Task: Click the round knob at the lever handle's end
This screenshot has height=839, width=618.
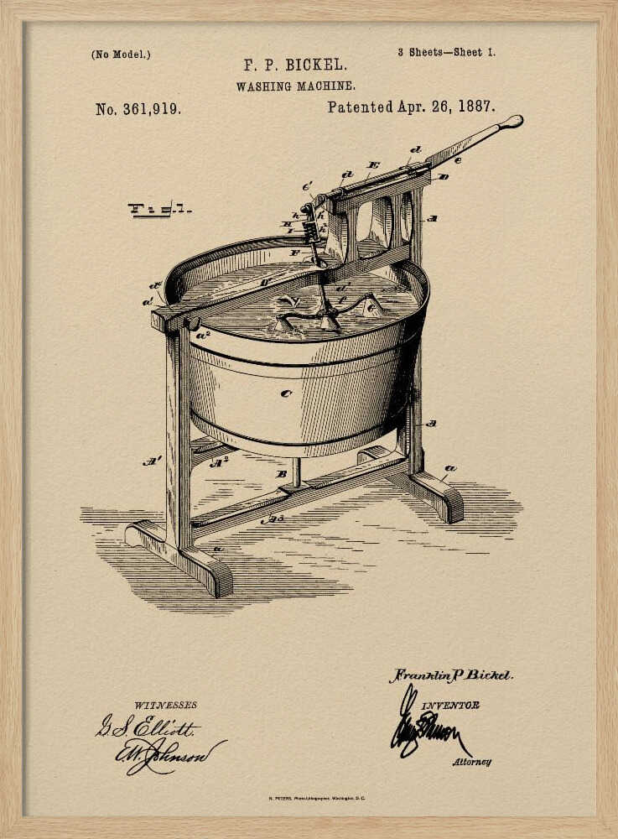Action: pos(511,122)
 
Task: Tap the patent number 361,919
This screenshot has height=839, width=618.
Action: pos(138,109)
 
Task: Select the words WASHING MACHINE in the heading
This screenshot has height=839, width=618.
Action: pos(295,86)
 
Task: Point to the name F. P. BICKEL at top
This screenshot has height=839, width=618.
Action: pos(295,65)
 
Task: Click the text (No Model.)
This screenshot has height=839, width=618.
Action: pos(121,55)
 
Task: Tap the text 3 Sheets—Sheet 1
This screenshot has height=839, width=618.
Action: pos(446,52)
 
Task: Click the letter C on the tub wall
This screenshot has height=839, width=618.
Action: pos(286,393)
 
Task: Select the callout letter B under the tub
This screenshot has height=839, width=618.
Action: pos(281,474)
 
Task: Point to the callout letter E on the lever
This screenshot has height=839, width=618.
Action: pos(373,166)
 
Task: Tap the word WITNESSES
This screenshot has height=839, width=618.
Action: pos(165,705)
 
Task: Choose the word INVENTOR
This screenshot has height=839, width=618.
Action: pos(449,706)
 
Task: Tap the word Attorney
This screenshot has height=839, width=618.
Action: pos(472,762)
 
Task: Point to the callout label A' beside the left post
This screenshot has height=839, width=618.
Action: pos(152,460)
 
